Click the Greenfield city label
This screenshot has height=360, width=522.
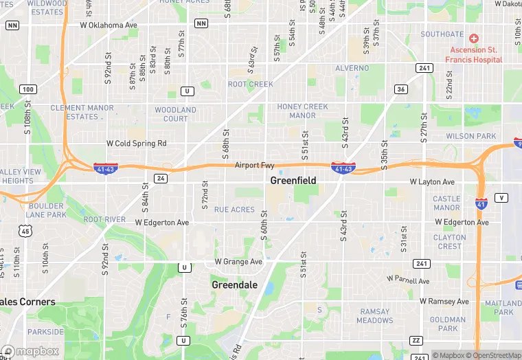[x=293, y=181]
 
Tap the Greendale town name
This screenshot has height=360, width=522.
[x=234, y=284]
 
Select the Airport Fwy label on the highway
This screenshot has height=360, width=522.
[x=254, y=166]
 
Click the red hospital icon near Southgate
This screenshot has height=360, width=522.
[x=474, y=38]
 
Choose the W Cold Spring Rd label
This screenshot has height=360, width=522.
[x=137, y=144]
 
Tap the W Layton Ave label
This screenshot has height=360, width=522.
[x=432, y=182]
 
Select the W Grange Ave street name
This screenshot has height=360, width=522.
[x=238, y=262]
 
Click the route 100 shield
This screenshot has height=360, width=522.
[x=28, y=89]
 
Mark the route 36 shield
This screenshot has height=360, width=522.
[x=401, y=89]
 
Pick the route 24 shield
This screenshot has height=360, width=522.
[x=161, y=179]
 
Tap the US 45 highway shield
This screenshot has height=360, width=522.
[x=25, y=232]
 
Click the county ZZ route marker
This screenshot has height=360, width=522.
[x=416, y=340]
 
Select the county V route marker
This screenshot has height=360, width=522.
[x=503, y=198]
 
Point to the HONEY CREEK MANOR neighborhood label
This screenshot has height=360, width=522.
[x=302, y=111]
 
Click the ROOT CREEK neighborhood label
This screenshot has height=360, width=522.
[x=251, y=85]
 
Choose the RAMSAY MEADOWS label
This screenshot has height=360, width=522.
[x=375, y=316]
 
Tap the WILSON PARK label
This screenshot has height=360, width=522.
[x=470, y=136]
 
